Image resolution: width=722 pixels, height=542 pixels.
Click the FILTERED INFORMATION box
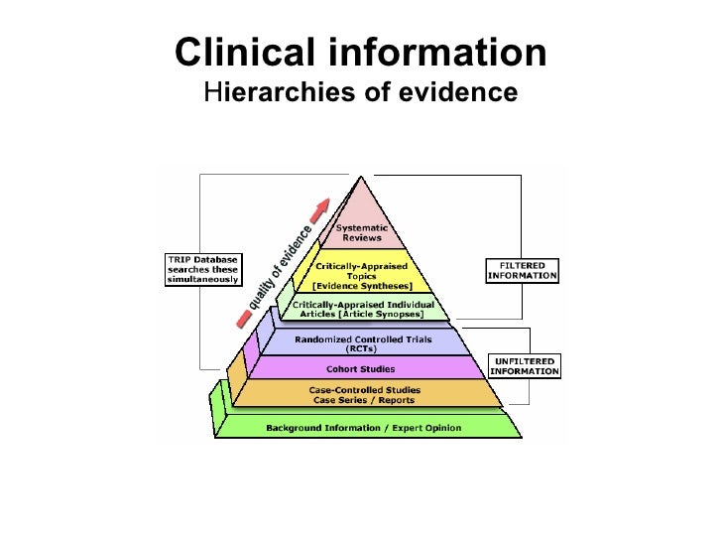point(522,270)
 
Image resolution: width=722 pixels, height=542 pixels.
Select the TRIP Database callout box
point(201,269)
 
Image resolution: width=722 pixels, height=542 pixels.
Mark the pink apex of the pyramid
point(359,199)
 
